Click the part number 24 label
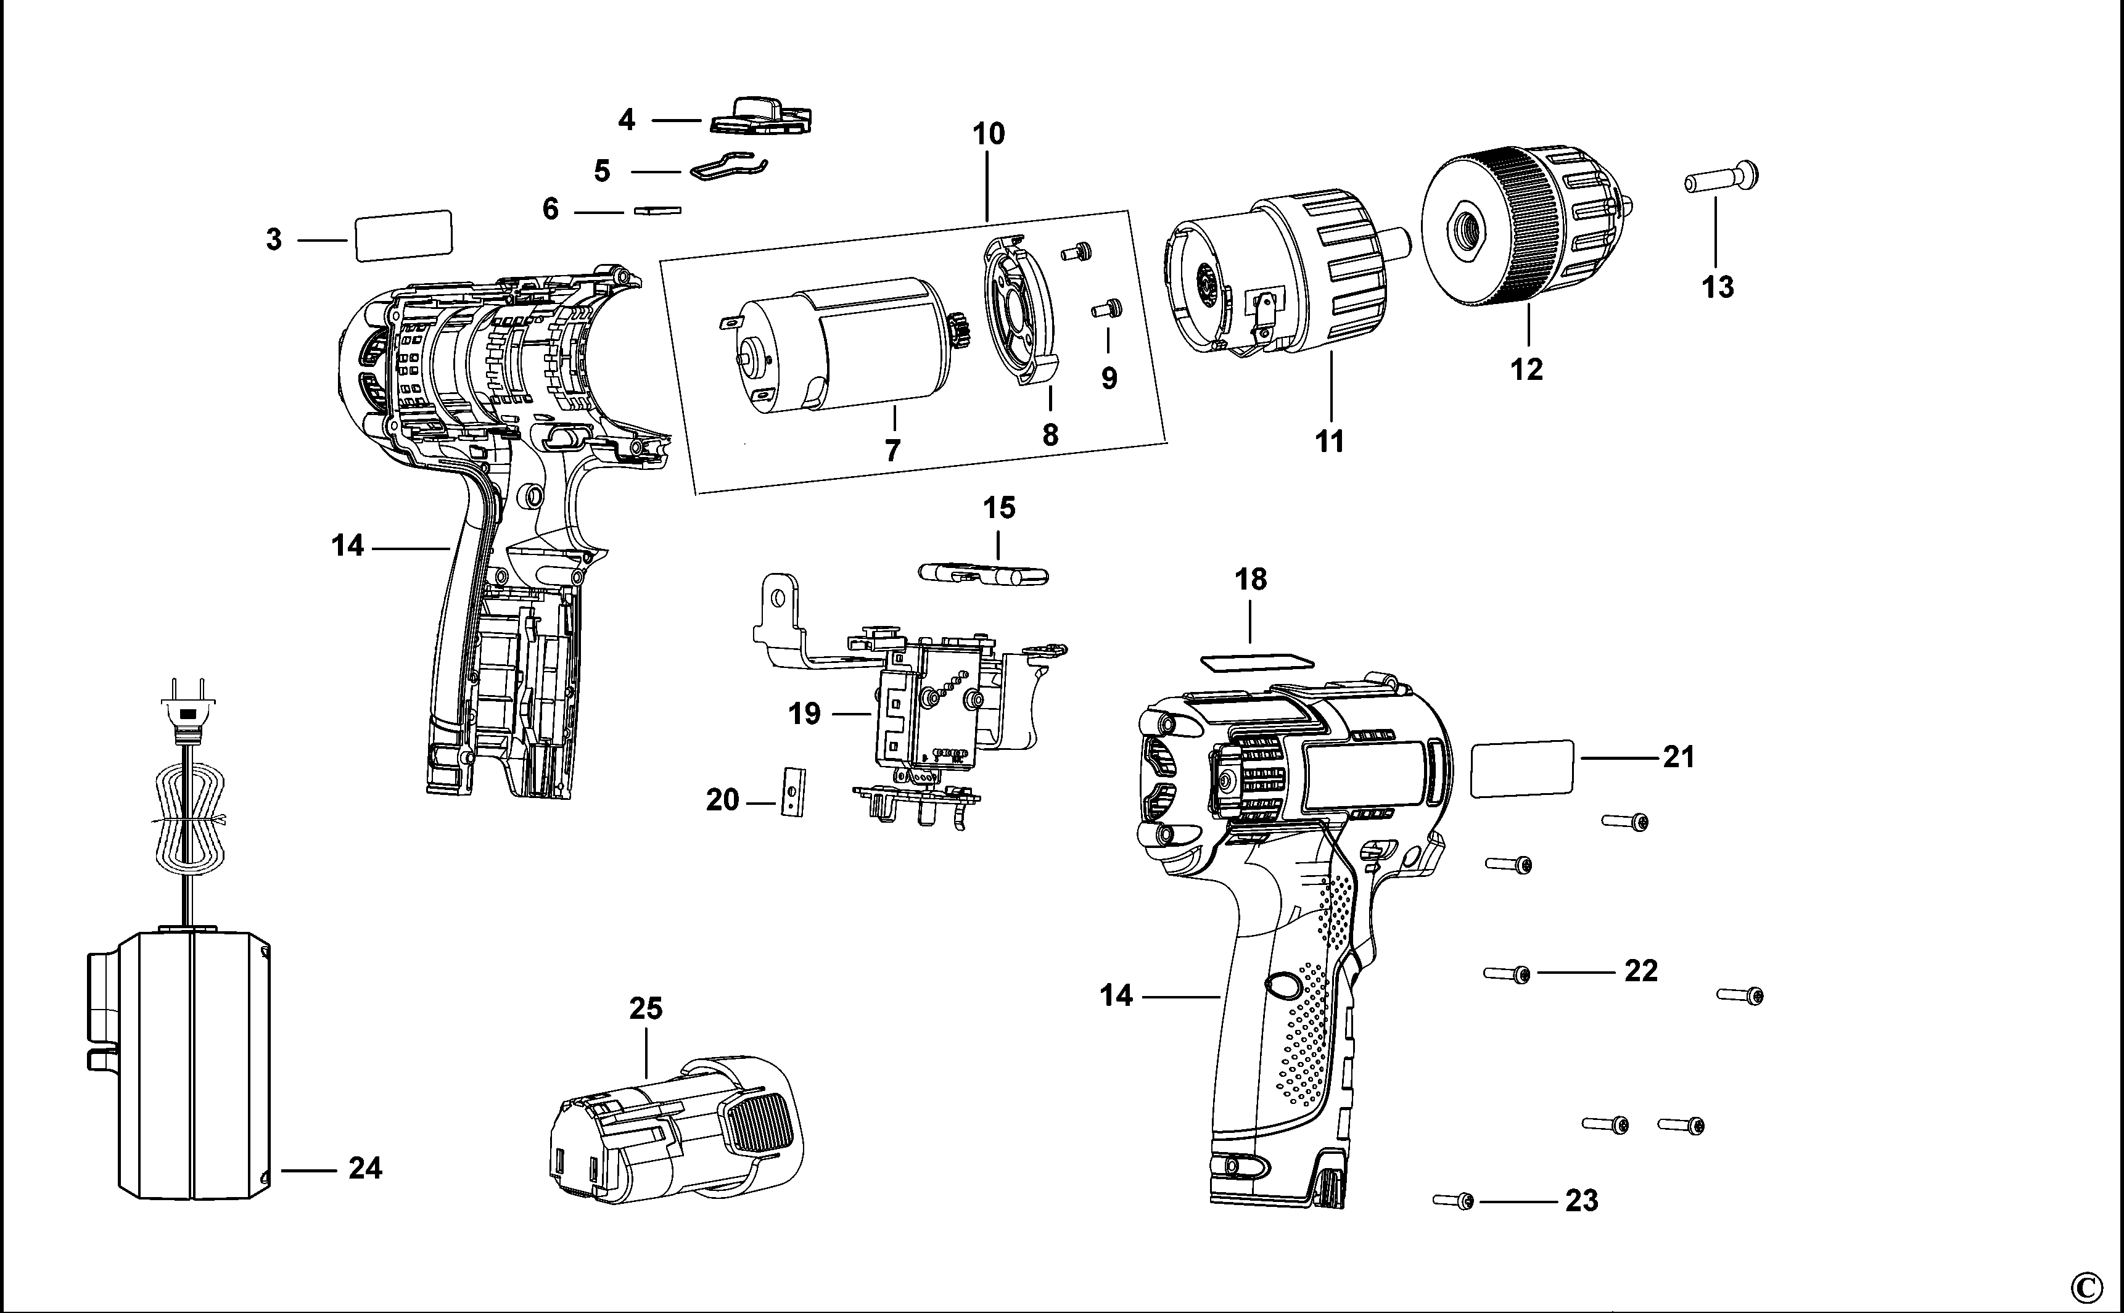coord(364,1168)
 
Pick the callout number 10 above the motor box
coord(988,134)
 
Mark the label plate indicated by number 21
coord(1522,768)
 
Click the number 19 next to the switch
coord(804,714)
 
